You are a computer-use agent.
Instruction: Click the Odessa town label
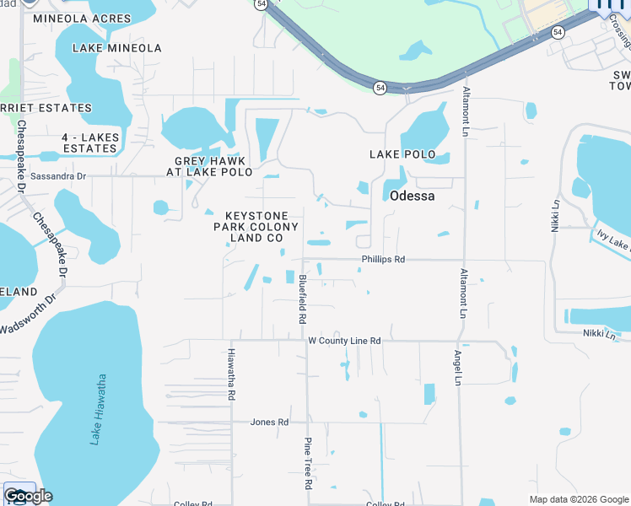(412, 196)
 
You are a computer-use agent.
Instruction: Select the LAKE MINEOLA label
(117, 48)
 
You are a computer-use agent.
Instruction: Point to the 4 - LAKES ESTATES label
(89, 143)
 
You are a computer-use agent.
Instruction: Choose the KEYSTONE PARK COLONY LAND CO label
(256, 227)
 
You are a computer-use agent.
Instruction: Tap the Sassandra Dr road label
(58, 177)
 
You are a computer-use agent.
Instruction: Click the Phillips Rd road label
(383, 260)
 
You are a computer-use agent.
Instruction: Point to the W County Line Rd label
(344, 341)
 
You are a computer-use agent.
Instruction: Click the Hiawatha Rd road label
(231, 374)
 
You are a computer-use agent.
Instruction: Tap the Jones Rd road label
(270, 422)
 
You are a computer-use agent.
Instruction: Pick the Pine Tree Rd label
(308, 463)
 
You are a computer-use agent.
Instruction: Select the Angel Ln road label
(458, 369)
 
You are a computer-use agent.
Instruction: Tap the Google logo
(28, 496)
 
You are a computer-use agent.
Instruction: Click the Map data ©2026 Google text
(579, 499)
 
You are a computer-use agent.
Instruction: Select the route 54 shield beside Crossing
(558, 32)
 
